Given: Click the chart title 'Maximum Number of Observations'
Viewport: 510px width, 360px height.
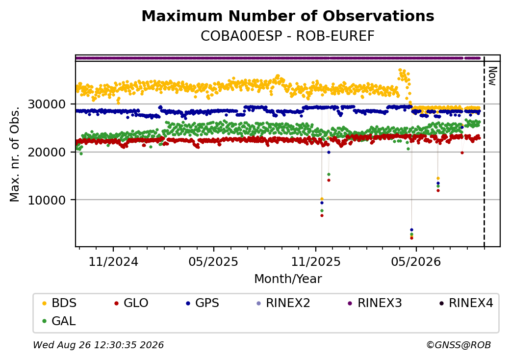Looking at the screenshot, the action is (288, 16).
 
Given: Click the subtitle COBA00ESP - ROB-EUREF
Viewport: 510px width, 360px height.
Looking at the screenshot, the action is (287, 36).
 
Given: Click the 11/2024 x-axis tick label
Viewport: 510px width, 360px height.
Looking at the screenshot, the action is (113, 261).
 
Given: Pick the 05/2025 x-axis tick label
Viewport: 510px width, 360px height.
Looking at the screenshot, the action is (213, 261).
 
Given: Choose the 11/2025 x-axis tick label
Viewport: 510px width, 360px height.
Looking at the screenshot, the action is (315, 261).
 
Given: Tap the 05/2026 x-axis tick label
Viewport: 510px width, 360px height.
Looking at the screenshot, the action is (416, 261).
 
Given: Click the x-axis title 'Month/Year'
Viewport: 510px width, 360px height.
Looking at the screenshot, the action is (288, 279).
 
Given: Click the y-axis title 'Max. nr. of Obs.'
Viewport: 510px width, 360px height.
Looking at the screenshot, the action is (15, 154).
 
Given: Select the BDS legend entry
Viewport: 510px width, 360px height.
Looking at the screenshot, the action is (59, 303).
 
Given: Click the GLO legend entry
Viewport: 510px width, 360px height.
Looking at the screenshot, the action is (131, 303).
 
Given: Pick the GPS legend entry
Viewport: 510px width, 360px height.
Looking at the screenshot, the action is (203, 303).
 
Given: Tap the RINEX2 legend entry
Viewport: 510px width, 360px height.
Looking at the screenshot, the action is (283, 303).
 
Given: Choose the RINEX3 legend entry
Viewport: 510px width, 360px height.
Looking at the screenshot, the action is (375, 303).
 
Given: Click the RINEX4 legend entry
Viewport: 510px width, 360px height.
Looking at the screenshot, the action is (466, 303).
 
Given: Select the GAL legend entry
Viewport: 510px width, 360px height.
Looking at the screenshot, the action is (59, 321).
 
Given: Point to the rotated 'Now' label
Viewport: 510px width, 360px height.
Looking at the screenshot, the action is (493, 76).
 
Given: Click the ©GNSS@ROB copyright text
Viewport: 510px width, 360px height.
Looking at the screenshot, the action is (459, 345).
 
